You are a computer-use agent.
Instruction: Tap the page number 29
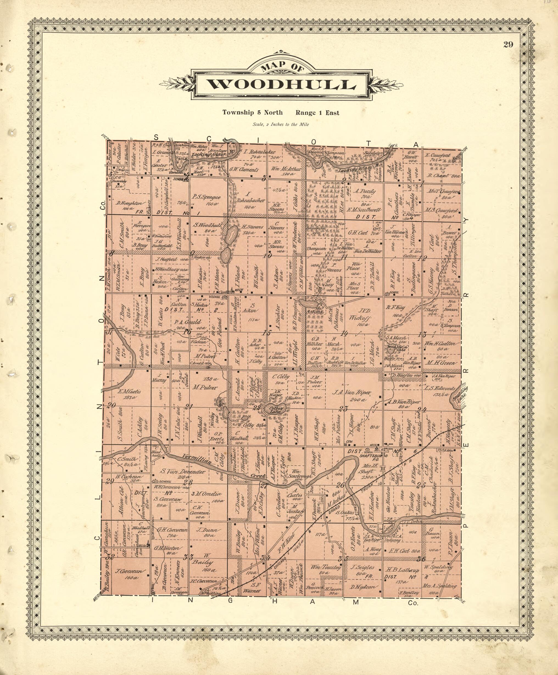click(508, 45)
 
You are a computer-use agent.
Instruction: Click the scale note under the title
click(281, 125)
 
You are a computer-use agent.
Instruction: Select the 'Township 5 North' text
click(253, 113)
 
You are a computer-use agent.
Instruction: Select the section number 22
click(256, 408)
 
